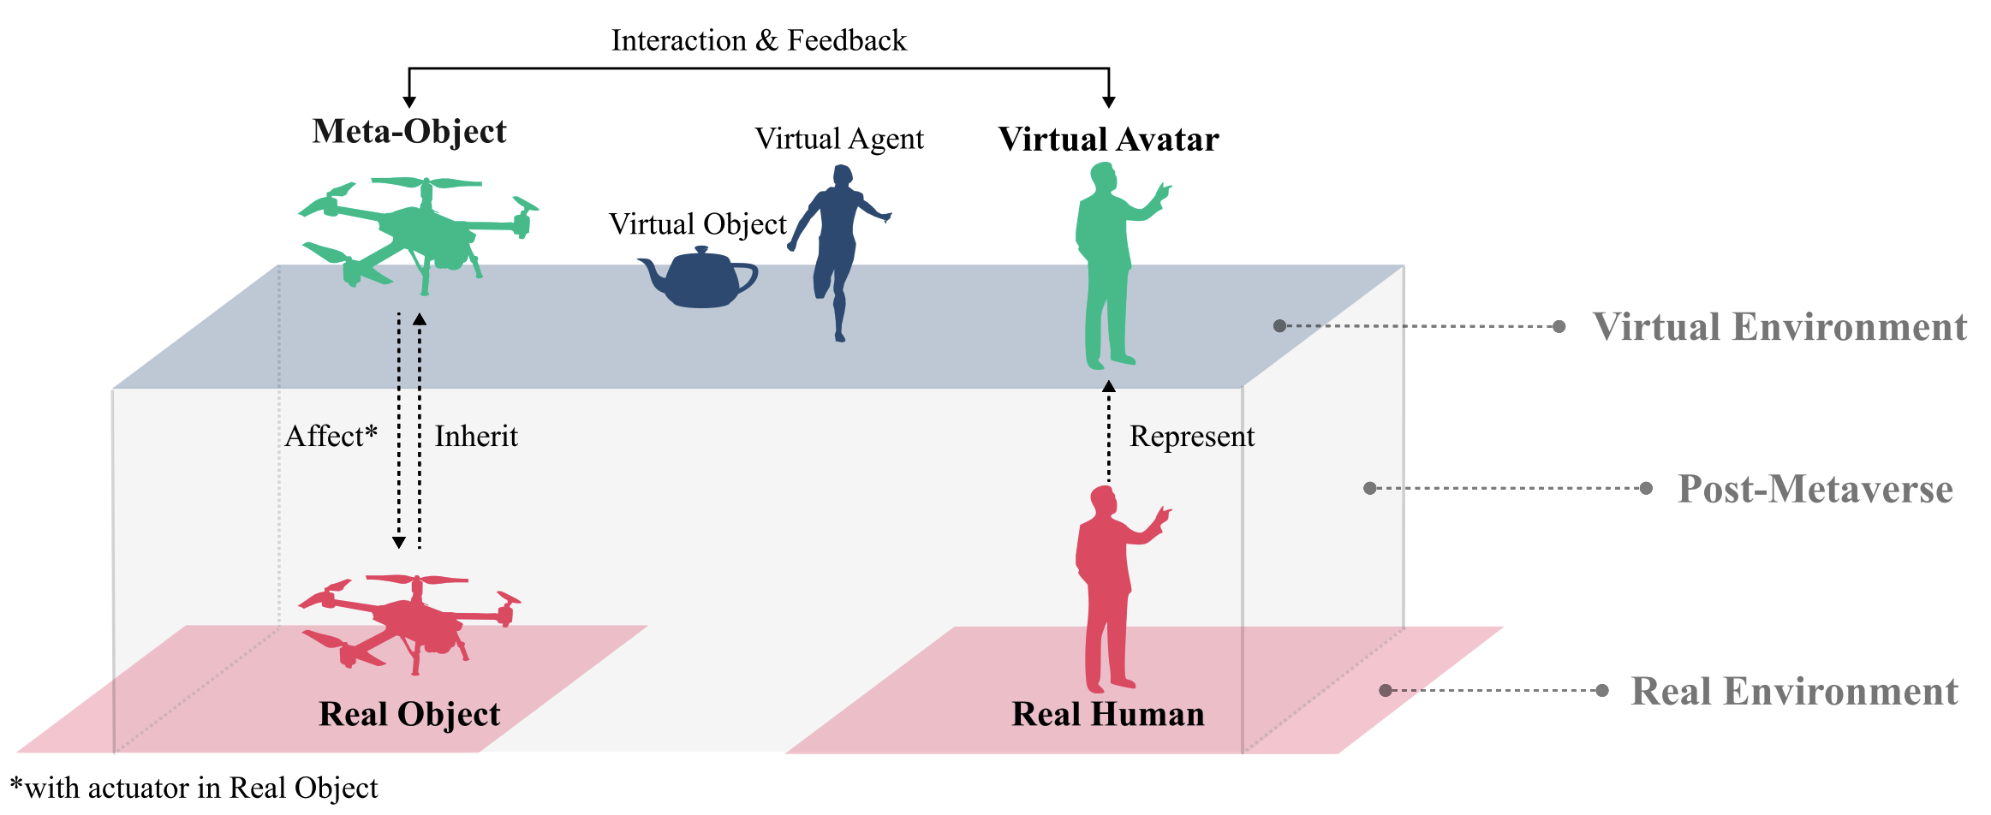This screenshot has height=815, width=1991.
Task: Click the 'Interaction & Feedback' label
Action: point(759,40)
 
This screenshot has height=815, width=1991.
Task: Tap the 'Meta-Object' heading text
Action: point(409,132)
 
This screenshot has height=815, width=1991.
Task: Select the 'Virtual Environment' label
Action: point(1779,327)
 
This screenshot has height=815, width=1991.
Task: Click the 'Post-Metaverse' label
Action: point(1815,489)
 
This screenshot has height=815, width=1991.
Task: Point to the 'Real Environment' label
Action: point(1795,691)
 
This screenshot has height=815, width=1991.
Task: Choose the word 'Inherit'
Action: point(476,437)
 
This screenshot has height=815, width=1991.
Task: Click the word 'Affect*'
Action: point(331,436)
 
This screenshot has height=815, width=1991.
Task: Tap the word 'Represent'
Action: point(1192,437)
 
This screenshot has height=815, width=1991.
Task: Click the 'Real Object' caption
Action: point(409,714)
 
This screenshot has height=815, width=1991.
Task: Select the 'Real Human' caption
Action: point(1108,714)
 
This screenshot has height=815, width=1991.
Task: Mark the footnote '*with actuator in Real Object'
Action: point(194,788)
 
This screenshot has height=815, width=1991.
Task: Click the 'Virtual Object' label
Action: point(698,224)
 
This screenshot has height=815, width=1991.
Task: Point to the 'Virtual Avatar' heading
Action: point(1109,140)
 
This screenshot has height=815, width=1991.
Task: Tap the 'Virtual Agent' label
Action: point(839,139)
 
